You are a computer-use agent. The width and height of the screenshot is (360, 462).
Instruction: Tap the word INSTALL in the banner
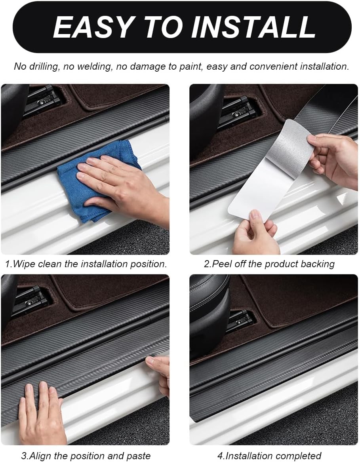click(253, 27)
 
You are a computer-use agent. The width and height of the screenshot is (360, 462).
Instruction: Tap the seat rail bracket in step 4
click(240, 321)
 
